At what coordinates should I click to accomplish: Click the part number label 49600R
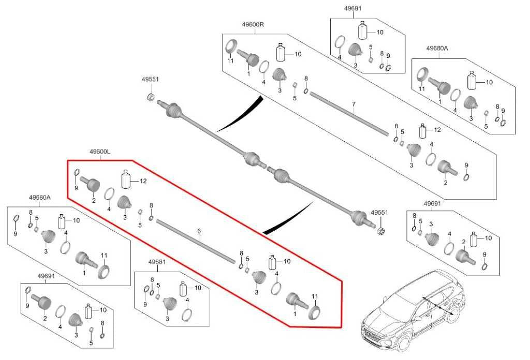253,25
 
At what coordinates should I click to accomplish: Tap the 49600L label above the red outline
100,152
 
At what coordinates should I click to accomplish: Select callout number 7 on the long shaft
354,103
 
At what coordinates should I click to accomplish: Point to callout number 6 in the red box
199,231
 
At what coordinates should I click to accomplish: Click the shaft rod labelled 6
196,241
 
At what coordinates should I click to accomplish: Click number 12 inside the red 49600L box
143,181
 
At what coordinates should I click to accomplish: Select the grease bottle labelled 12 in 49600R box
423,130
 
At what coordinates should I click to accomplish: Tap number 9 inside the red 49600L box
76,188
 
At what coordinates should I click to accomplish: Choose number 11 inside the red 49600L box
315,296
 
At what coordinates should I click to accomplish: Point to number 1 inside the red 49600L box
295,314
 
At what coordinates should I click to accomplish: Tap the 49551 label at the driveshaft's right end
379,213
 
